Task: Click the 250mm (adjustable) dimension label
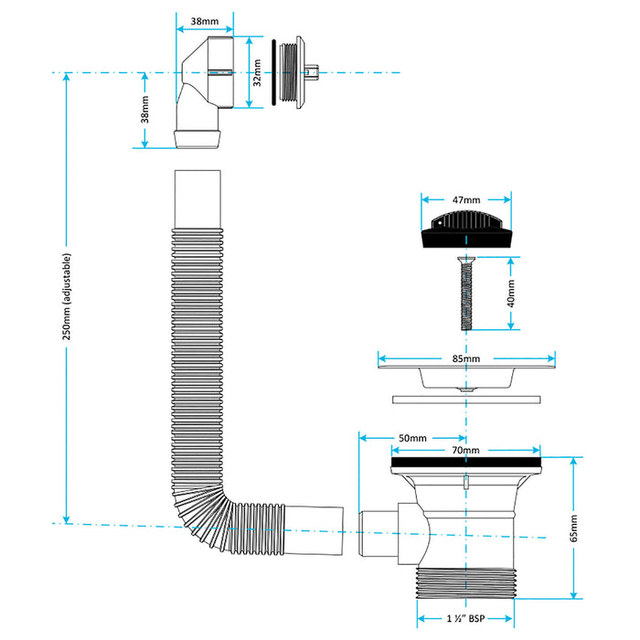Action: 66,296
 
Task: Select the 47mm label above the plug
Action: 465,199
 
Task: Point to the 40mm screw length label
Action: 511,293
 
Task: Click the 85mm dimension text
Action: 465,359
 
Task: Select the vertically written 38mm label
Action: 144,110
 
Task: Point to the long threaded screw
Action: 465,293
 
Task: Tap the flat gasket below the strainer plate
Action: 465,399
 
